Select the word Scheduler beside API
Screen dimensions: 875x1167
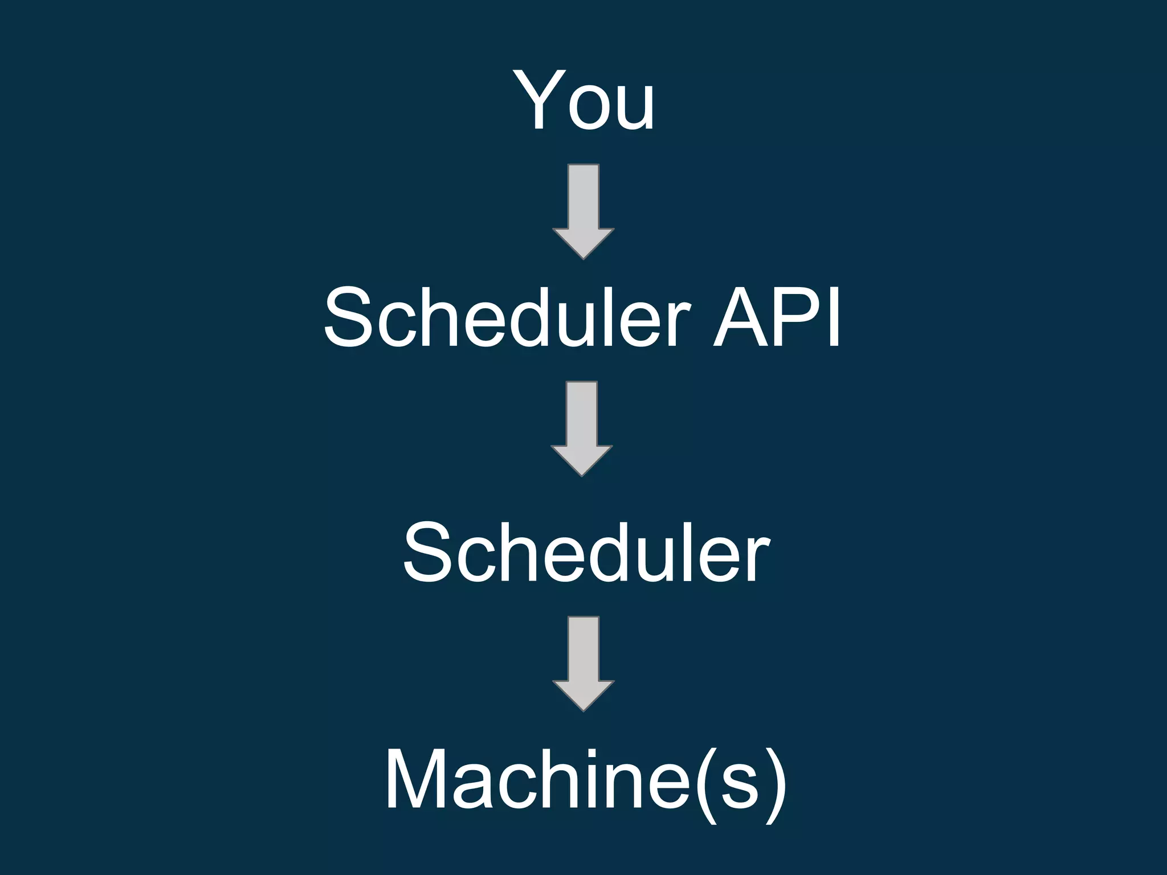pyautogui.click(x=507, y=317)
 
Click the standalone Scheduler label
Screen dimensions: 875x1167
pyautogui.click(x=586, y=553)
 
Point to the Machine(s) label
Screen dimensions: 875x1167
pyautogui.click(x=586, y=780)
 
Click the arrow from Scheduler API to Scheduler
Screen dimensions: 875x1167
pyautogui.click(x=582, y=428)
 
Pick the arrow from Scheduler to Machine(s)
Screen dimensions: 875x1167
pyautogui.click(x=583, y=663)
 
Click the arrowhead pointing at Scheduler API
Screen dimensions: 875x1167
pyautogui.click(x=583, y=243)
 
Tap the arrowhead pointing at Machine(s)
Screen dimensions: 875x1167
pyautogui.click(x=583, y=694)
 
